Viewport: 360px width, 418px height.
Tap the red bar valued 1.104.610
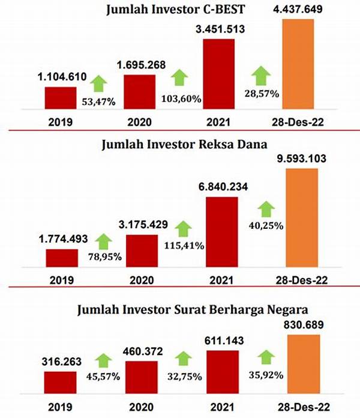[61, 99]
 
